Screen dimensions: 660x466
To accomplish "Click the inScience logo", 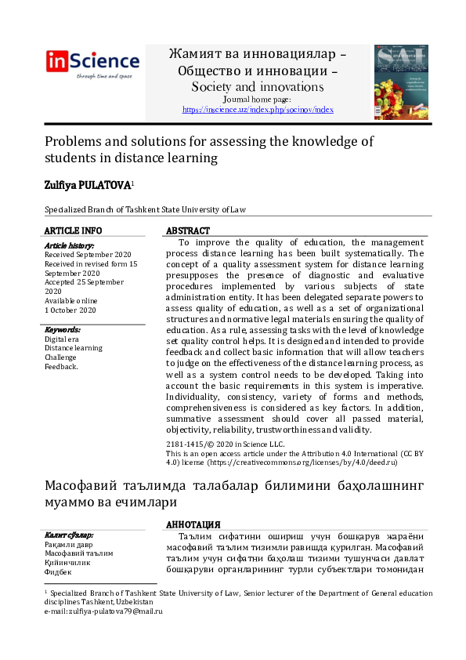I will [92, 63].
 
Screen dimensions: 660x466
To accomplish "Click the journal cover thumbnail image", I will [400, 82].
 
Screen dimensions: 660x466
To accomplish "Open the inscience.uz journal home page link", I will [258, 110].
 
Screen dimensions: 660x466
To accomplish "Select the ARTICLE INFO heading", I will [73, 230].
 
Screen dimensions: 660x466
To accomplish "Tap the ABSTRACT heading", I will [188, 231].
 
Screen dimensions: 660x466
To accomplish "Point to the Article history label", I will [69, 246].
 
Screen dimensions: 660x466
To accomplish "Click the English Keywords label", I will [63, 330].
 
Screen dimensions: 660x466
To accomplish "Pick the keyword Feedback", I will [61, 366].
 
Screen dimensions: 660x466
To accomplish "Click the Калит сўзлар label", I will [70, 535].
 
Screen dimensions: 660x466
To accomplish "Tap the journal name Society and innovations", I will [257, 87].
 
